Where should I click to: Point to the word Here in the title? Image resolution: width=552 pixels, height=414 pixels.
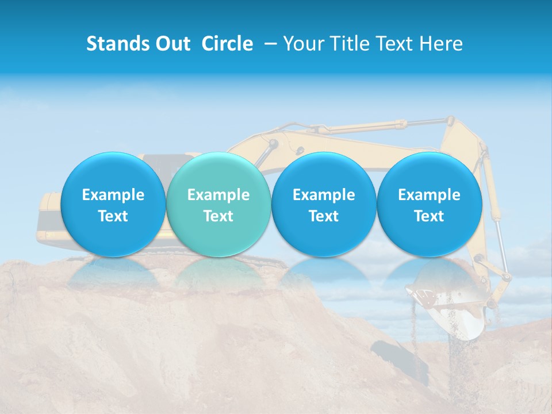click(x=442, y=44)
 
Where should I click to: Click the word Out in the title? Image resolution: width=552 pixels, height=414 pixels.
click(x=171, y=44)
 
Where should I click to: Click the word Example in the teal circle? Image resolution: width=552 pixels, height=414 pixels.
click(x=218, y=195)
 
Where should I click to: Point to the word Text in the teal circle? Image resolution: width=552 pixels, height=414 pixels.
click(x=218, y=216)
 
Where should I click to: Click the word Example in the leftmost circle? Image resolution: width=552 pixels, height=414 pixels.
click(x=113, y=195)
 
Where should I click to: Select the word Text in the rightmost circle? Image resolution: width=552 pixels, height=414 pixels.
click(x=430, y=216)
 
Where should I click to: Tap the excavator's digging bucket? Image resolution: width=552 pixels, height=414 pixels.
click(x=454, y=310)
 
